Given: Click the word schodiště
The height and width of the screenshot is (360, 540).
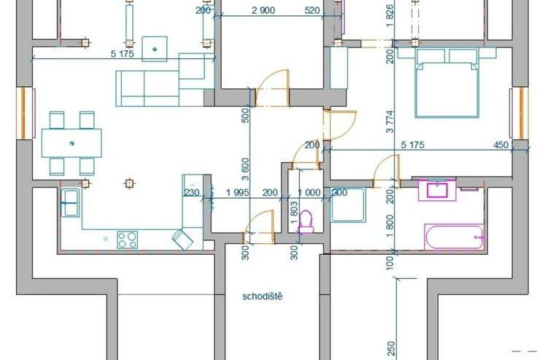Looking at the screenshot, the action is [x=263, y=296].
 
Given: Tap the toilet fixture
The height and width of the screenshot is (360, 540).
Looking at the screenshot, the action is [x=306, y=222].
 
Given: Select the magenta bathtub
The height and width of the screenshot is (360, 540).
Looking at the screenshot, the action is [x=454, y=237].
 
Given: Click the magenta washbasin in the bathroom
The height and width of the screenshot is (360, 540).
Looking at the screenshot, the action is [x=437, y=190].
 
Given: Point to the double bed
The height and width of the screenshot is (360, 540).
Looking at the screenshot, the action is [x=447, y=83].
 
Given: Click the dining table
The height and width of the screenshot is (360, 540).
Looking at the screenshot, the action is [x=72, y=143].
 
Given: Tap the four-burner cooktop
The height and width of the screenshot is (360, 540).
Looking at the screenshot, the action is [x=128, y=240].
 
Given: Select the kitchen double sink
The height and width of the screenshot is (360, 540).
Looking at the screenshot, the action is [x=70, y=203].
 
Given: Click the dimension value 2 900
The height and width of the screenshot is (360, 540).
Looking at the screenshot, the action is [x=263, y=10].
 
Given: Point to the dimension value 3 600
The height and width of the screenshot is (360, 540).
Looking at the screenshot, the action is [x=245, y=169].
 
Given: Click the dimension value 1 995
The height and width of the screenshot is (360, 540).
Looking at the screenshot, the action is [x=238, y=192].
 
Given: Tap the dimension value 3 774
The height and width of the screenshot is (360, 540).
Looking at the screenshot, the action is [x=390, y=121].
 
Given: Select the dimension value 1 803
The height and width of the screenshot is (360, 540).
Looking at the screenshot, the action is [x=294, y=212].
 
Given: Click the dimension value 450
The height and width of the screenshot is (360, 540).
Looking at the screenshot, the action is [x=501, y=145].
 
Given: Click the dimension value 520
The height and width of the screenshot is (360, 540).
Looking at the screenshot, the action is [x=312, y=10].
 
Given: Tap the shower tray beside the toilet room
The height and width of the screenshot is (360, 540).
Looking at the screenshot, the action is [x=348, y=204].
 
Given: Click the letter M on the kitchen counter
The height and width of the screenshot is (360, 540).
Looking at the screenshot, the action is [x=106, y=239].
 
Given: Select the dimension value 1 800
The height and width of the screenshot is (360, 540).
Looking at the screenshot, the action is [x=390, y=226].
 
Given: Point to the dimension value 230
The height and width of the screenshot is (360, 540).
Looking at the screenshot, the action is [x=191, y=192].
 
